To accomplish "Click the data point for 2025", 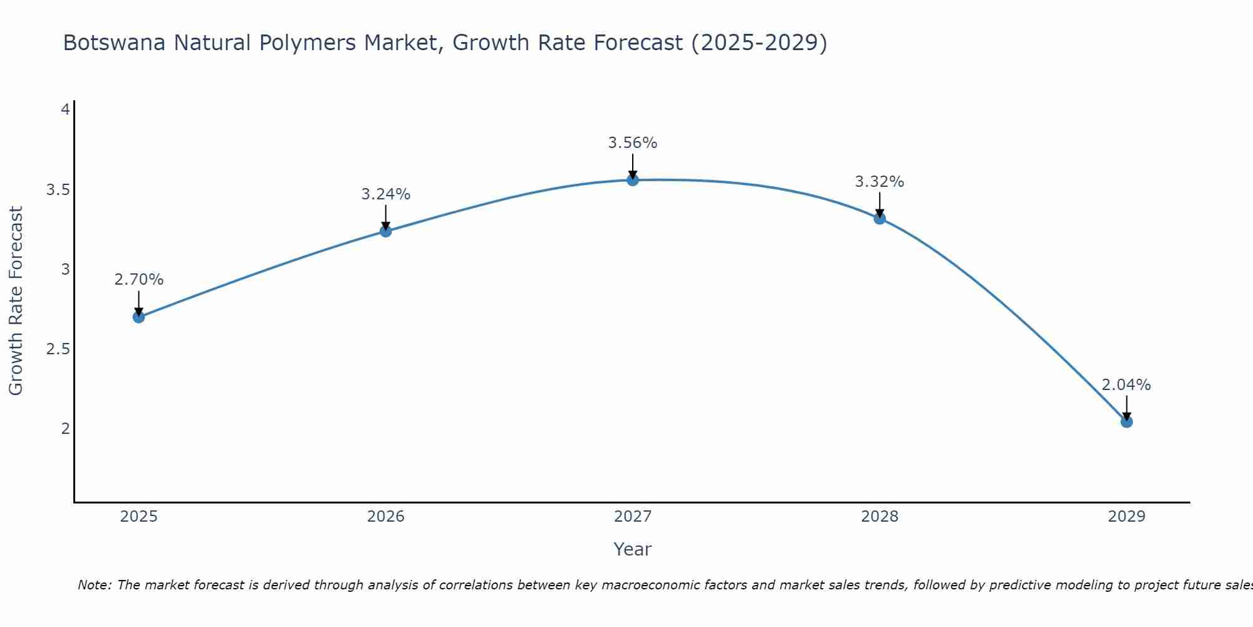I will (x=138, y=317).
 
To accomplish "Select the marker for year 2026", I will (x=385, y=231).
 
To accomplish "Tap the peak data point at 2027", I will (x=633, y=180).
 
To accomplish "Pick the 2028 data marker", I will (x=880, y=218).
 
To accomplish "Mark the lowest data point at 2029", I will (x=1126, y=422).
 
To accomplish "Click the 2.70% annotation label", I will (x=138, y=280).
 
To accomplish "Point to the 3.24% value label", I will (x=385, y=194).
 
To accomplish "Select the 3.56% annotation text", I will (x=633, y=143).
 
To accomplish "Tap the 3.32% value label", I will (x=880, y=182).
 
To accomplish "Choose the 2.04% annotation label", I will (x=1126, y=385).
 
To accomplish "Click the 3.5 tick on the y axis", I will (x=58, y=190).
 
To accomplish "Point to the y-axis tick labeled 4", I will (x=65, y=110).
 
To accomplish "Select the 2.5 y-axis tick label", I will (x=58, y=349).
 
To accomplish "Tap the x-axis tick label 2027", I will (x=633, y=517).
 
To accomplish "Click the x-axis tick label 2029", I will (x=1126, y=517).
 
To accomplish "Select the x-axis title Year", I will (x=633, y=549).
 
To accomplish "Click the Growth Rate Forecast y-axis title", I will (x=16, y=301).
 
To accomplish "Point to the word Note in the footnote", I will (x=93, y=585).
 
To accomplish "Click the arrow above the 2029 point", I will (x=1126, y=408).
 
